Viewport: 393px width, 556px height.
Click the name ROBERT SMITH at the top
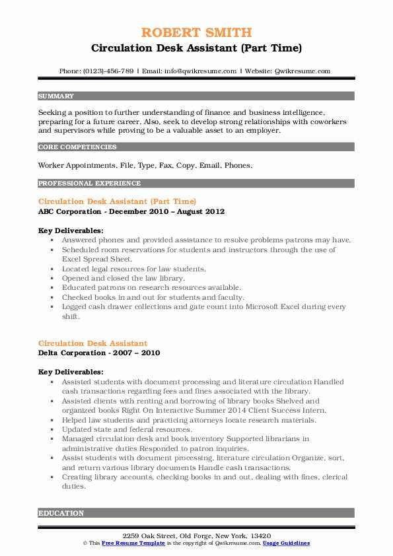[196, 32]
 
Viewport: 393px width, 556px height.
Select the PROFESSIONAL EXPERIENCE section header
[80, 183]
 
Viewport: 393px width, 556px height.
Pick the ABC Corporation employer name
[70, 211]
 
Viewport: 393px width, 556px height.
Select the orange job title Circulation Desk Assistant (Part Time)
[118, 201]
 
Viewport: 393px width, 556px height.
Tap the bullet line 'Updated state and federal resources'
[126, 430]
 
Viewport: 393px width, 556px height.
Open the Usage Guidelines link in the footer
[286, 543]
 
